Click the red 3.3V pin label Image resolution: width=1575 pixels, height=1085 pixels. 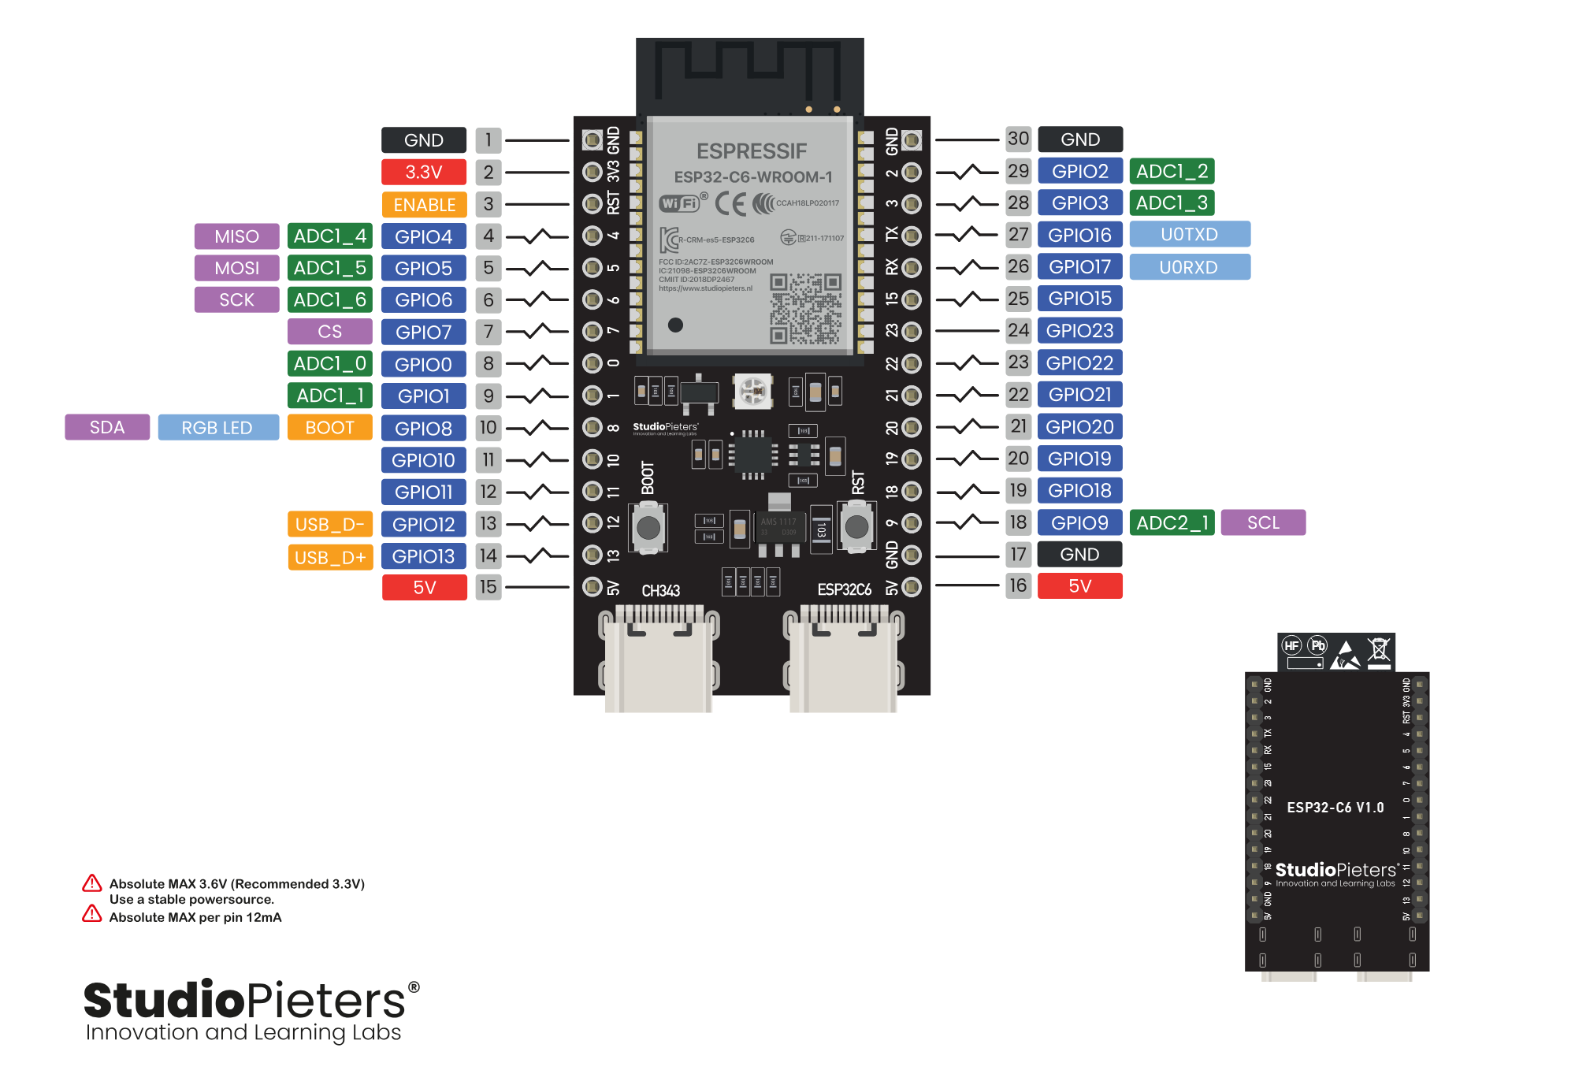point(424,172)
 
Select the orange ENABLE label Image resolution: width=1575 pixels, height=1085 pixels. point(424,205)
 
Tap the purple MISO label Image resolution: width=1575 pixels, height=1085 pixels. point(236,236)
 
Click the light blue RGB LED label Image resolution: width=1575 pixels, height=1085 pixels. point(217,428)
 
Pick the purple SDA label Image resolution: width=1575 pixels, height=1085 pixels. point(107,427)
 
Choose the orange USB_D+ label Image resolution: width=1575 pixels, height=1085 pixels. point(330,557)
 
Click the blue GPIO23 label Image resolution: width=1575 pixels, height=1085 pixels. point(1079,330)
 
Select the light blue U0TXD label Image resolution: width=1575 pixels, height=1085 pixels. point(1189,235)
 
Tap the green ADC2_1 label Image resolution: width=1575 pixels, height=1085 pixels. point(1172,522)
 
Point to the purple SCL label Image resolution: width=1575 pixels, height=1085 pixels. point(1263,522)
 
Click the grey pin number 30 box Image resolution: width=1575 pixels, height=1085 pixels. point(1018,139)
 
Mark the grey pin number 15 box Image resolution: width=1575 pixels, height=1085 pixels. point(488,587)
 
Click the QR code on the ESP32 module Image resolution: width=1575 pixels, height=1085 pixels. point(805,309)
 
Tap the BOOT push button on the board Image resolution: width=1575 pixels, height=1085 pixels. point(648,527)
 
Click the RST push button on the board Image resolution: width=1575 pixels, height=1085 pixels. point(856,526)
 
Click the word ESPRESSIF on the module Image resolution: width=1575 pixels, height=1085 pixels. point(752,150)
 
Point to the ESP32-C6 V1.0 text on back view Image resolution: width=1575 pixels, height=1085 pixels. point(1335,808)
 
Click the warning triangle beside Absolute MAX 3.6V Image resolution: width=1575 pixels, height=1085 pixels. point(92,883)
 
